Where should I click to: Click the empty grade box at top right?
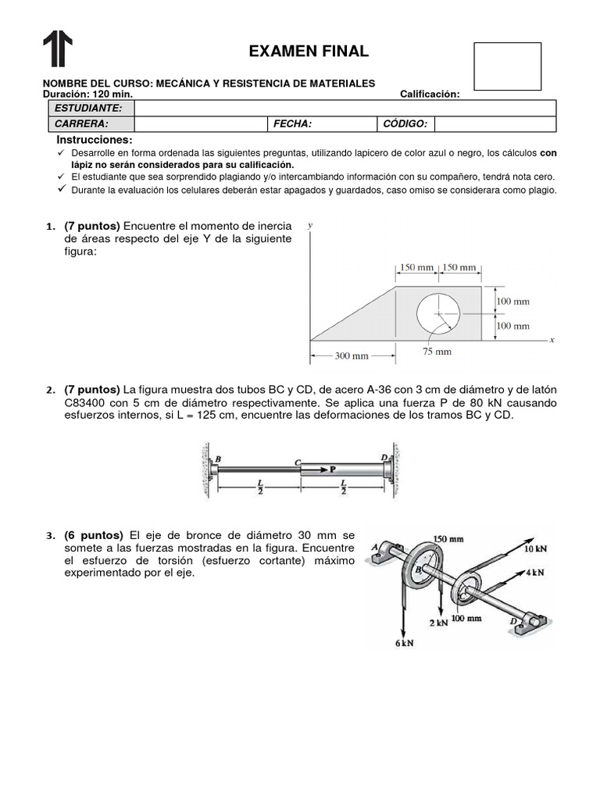tap(507, 66)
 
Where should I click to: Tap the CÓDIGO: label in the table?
tap(405, 124)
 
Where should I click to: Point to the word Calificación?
tap(430, 95)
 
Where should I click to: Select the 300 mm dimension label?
tap(351, 356)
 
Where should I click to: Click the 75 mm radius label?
tap(437, 352)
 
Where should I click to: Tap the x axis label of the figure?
tap(551, 341)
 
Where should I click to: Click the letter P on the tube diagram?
tap(331, 470)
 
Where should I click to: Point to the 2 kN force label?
tap(437, 622)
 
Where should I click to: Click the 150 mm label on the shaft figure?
tap(448, 539)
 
